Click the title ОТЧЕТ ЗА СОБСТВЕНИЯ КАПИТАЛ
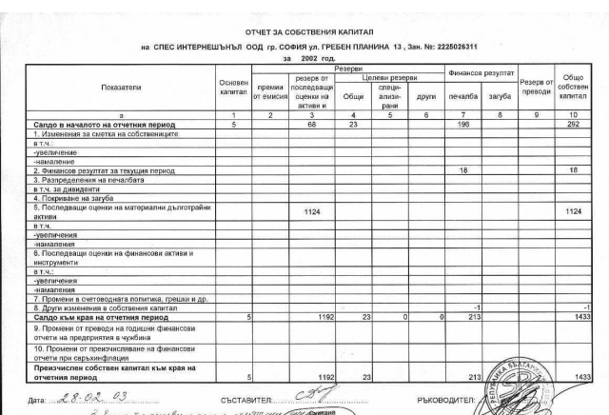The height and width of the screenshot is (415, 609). (x=304, y=32)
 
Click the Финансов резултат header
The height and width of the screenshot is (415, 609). (x=481, y=71)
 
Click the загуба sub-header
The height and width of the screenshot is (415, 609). (x=499, y=96)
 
